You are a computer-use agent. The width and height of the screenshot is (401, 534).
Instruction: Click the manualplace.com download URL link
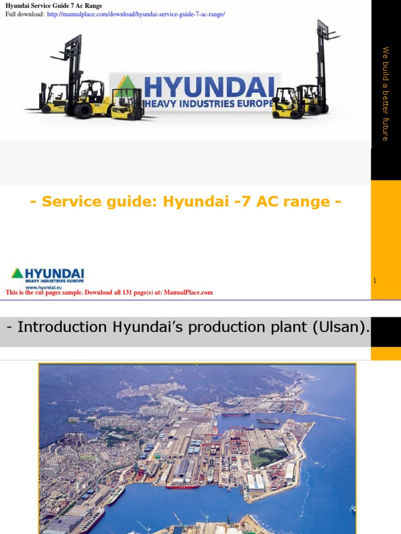tap(136, 14)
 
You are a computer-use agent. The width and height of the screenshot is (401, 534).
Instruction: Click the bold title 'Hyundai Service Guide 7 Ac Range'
tap(54, 6)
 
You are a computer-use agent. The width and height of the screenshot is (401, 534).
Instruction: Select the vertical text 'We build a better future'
tap(385, 94)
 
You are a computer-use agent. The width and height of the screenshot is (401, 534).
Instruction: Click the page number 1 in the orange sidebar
tap(374, 281)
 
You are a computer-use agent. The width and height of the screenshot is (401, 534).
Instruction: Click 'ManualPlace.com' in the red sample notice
tap(188, 293)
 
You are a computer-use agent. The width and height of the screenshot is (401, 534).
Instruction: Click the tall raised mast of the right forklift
tap(322, 57)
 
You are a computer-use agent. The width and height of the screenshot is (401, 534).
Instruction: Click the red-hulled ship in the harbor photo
tap(183, 486)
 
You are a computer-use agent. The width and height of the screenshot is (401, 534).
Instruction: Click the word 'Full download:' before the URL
tap(25, 14)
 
